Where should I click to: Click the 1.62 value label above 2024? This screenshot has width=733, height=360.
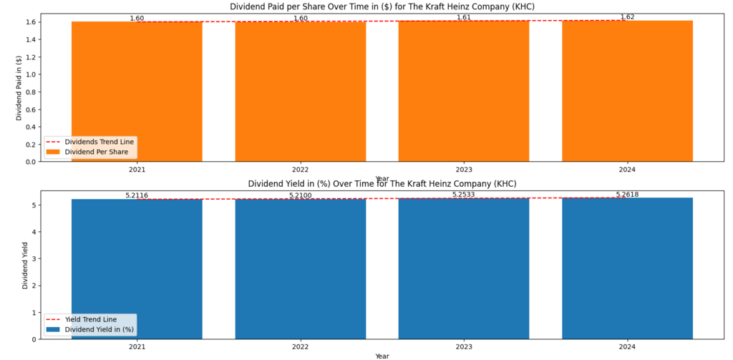627,16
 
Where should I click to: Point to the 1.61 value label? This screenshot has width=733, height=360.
464,17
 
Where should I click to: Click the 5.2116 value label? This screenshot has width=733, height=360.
137,195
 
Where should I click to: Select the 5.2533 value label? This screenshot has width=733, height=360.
464,194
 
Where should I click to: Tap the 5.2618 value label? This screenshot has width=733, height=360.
627,194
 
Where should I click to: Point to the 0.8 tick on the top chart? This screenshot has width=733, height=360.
30,92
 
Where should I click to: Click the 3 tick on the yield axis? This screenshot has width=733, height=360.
34,258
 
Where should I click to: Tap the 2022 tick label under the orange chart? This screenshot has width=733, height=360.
301,170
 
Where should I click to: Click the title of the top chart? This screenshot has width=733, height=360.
382,6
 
